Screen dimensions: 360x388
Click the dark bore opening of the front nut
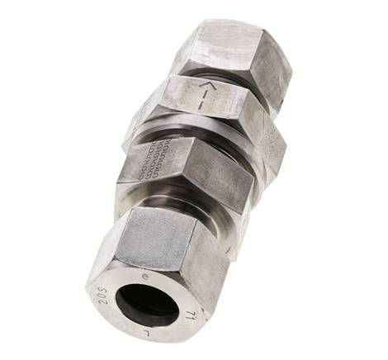coord(148,303)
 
